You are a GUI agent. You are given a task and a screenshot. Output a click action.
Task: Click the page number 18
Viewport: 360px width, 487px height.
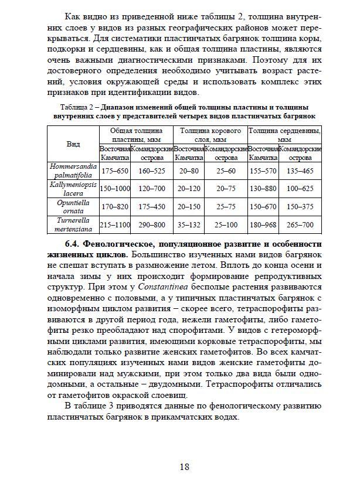click(184, 466)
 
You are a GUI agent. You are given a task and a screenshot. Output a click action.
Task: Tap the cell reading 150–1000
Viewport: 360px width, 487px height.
click(114, 189)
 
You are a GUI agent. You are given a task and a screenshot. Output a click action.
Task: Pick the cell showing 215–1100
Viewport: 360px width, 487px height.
click(114, 225)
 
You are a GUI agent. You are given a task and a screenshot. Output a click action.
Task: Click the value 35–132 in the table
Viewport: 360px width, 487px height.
click(189, 225)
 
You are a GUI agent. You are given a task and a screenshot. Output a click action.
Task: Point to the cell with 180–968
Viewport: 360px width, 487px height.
click(263, 225)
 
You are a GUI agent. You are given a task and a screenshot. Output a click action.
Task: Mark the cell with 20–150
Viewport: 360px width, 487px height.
click(189, 207)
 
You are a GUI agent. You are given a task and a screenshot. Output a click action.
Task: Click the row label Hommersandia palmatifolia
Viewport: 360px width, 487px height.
click(73, 171)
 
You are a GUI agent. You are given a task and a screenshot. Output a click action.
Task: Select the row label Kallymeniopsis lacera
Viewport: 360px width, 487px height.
click(73, 189)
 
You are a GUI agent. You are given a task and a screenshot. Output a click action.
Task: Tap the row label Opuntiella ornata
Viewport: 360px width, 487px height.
click(73, 207)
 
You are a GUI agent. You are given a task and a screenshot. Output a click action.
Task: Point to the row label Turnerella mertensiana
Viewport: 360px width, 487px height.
click(73, 225)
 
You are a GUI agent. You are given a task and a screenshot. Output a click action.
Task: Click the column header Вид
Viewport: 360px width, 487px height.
click(73, 144)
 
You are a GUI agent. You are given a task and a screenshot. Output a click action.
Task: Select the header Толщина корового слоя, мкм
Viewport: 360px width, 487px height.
click(210, 135)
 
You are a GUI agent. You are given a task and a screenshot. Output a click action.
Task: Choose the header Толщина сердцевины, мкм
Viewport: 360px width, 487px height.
click(284, 135)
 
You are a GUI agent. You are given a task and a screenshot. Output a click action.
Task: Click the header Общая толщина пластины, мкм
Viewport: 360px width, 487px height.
click(136, 135)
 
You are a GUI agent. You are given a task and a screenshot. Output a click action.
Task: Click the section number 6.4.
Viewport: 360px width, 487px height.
click(72, 243)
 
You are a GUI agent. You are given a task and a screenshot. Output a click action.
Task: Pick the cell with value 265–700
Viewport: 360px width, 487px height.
click(300, 225)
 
